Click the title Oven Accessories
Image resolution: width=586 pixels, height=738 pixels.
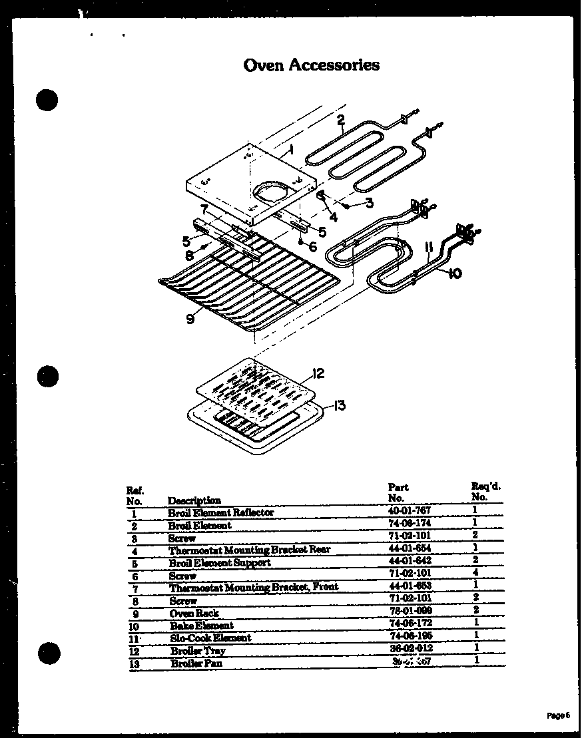pos(312,65)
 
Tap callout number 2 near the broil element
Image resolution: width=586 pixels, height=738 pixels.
pos(341,120)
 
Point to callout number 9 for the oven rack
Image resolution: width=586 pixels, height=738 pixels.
pos(190,319)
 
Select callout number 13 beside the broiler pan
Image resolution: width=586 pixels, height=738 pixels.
pos(339,405)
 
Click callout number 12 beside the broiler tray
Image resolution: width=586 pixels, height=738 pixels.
pos(318,373)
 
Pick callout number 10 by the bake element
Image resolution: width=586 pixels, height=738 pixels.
pos(454,273)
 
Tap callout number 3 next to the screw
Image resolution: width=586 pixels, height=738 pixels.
pos(368,203)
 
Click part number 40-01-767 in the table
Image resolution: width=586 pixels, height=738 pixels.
pos(410,512)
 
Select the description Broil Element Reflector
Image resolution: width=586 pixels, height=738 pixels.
pos(220,512)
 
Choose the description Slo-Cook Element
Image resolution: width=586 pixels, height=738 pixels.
pos(210,638)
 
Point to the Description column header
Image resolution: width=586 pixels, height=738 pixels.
pos(194,500)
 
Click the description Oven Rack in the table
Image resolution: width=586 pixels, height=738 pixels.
pos(194,613)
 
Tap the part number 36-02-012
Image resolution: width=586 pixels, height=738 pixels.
pos(410,649)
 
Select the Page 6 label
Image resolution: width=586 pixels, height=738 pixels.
pos(558,716)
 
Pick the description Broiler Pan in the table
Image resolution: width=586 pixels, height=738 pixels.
pos(196,663)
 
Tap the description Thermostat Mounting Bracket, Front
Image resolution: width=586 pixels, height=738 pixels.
pos(253,588)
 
